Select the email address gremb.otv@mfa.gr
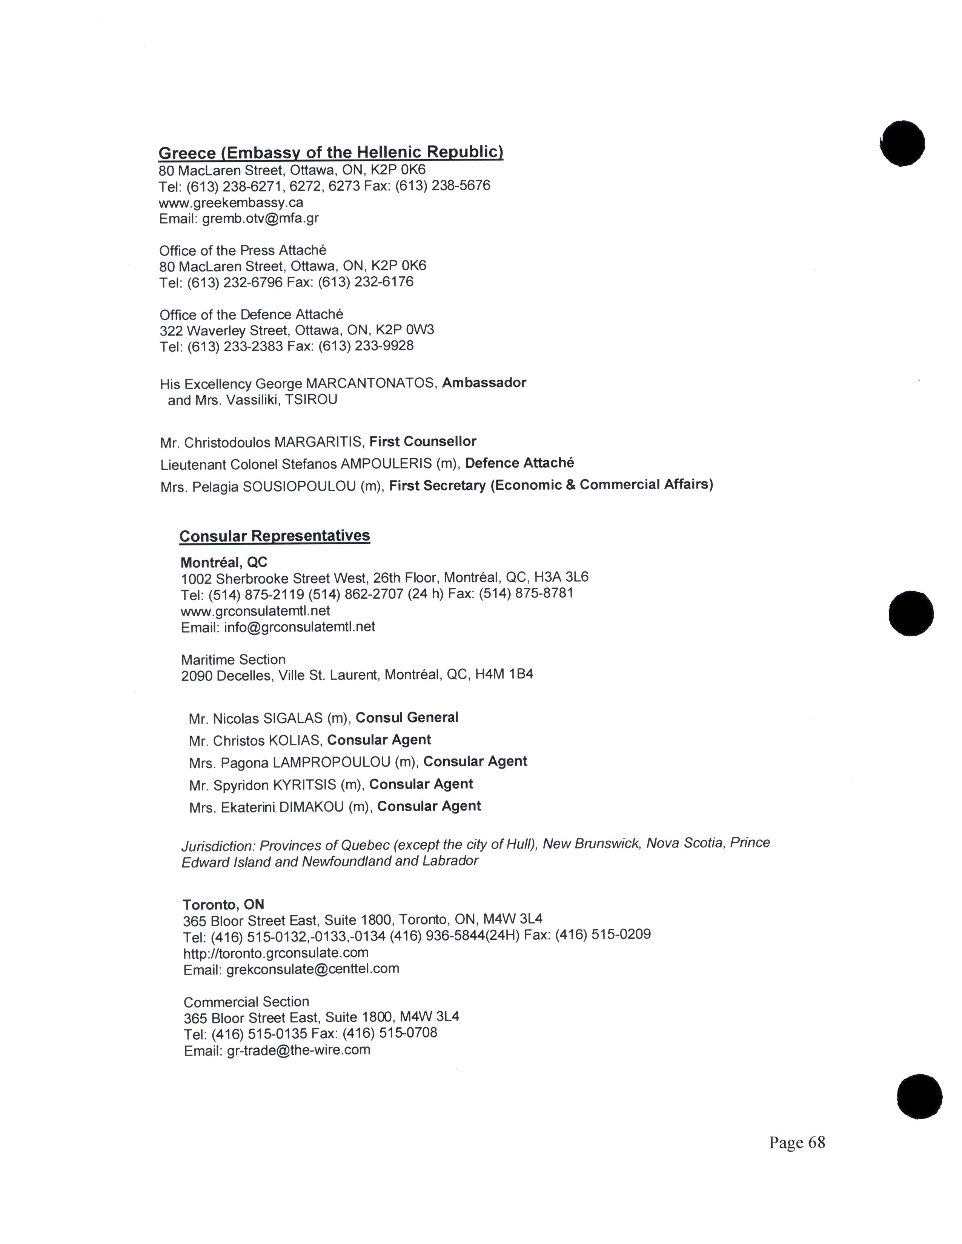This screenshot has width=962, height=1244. point(260,218)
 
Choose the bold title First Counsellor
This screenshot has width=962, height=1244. point(423,441)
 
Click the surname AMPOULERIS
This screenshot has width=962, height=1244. point(386,464)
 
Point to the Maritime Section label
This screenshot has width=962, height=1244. point(233,660)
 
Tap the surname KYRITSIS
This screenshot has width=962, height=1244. point(304,785)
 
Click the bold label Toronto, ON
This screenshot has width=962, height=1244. point(223,904)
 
